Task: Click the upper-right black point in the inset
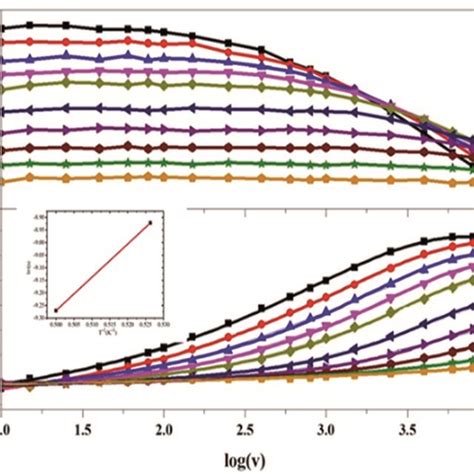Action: (151, 223)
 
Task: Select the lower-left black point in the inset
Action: (56, 309)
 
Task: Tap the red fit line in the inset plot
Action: (104, 266)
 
